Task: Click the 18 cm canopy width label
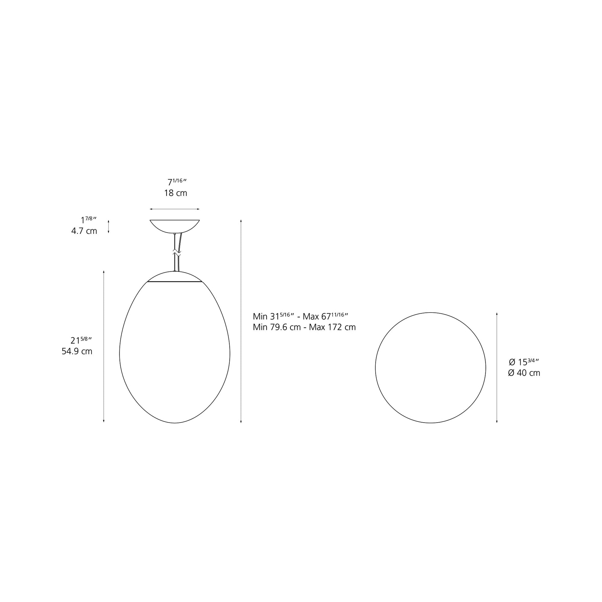[x=176, y=193]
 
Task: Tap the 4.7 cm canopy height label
[x=84, y=231]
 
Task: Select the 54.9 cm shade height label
[x=77, y=351]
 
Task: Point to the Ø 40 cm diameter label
[x=524, y=373]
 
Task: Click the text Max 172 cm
[x=332, y=327]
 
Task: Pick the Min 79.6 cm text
[x=277, y=327]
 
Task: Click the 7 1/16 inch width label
[x=177, y=182]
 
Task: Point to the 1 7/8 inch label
[x=89, y=220]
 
